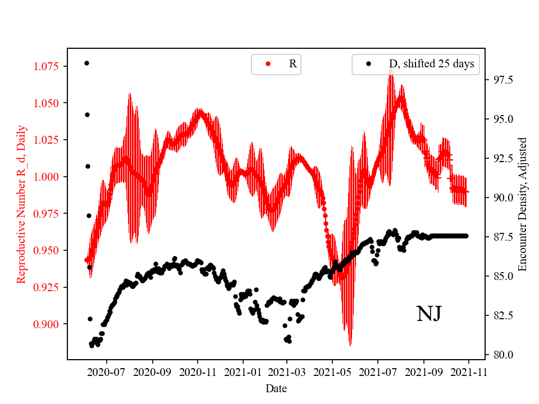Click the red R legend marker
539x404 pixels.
click(268, 64)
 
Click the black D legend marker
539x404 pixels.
click(368, 64)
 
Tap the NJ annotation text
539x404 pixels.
click(428, 314)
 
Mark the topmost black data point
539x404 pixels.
click(86, 63)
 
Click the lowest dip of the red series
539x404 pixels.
click(350, 345)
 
